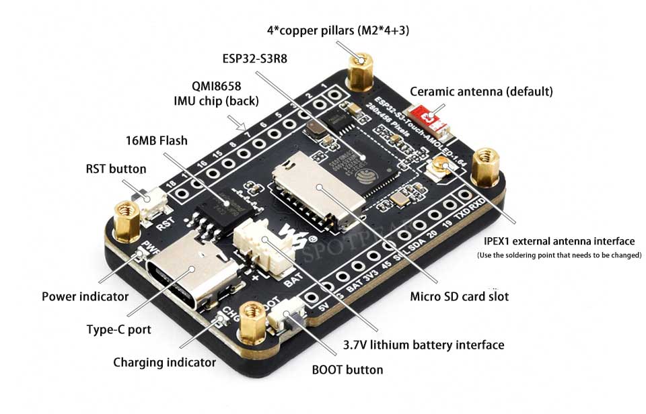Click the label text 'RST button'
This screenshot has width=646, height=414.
pos(116,169)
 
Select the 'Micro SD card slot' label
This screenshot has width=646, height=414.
pos(460,296)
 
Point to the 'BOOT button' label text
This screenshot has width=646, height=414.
pos(347,370)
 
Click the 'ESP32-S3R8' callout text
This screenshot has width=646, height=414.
pos(254,58)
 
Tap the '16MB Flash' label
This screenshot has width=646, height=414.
pos(156,141)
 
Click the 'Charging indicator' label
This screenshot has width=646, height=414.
pos(164,362)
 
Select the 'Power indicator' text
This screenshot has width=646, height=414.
pos(85,296)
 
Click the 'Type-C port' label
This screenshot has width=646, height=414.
pos(118,329)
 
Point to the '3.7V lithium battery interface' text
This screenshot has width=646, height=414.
pos(423,345)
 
